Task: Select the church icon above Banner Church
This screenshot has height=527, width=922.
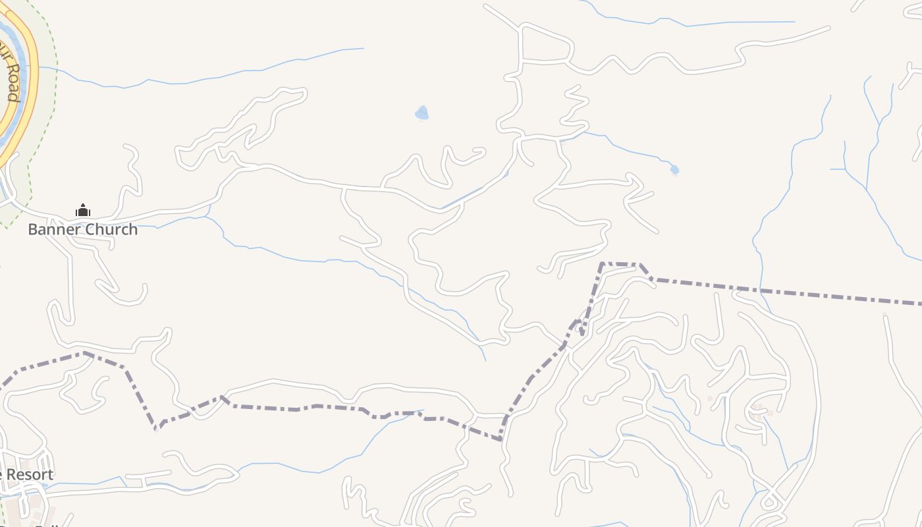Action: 83,211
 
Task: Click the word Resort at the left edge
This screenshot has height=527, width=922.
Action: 30,475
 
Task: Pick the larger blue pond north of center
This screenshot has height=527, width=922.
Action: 422,113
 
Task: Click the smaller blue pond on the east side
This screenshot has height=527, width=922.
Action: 674,170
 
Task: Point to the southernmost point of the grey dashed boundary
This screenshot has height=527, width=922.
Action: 501,438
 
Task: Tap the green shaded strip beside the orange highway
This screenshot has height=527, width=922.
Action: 43,119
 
